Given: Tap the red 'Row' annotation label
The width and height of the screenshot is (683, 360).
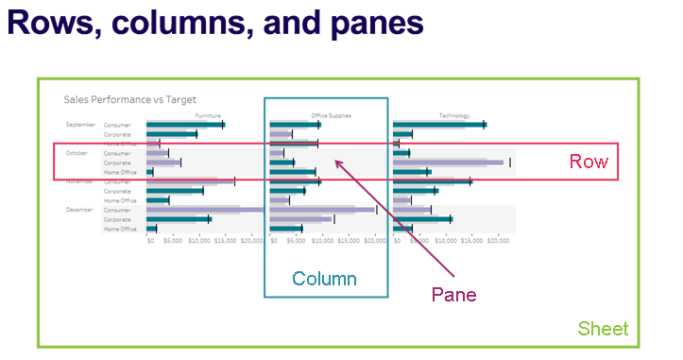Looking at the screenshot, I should pos(588,162).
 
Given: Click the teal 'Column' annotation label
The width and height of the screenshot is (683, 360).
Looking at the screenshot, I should pos(324,279).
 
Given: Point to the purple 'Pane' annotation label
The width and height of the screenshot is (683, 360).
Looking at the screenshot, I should pos(453,294).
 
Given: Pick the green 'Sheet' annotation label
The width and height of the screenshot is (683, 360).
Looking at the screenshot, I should pos(603,329).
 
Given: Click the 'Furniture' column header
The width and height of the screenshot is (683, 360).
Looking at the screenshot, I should pos(209,115).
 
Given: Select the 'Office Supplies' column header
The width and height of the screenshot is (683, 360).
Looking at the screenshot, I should pos(331,115).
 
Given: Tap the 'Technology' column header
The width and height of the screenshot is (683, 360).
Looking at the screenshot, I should pos(453,115).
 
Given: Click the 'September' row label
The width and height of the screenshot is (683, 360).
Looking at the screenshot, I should pos(80,125).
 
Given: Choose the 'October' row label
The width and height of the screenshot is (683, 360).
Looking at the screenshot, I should pos(77,153).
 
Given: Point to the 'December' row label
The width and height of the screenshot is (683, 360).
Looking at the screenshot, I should pos(78,210).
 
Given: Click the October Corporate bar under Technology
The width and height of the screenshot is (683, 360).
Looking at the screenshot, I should pos(453,163).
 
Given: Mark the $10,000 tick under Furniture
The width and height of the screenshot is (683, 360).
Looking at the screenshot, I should pos(199,241).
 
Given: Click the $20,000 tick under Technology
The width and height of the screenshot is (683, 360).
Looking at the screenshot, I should pos(497,241).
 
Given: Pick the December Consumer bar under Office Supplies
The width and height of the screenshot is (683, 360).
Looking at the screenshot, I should pos(321,210).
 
